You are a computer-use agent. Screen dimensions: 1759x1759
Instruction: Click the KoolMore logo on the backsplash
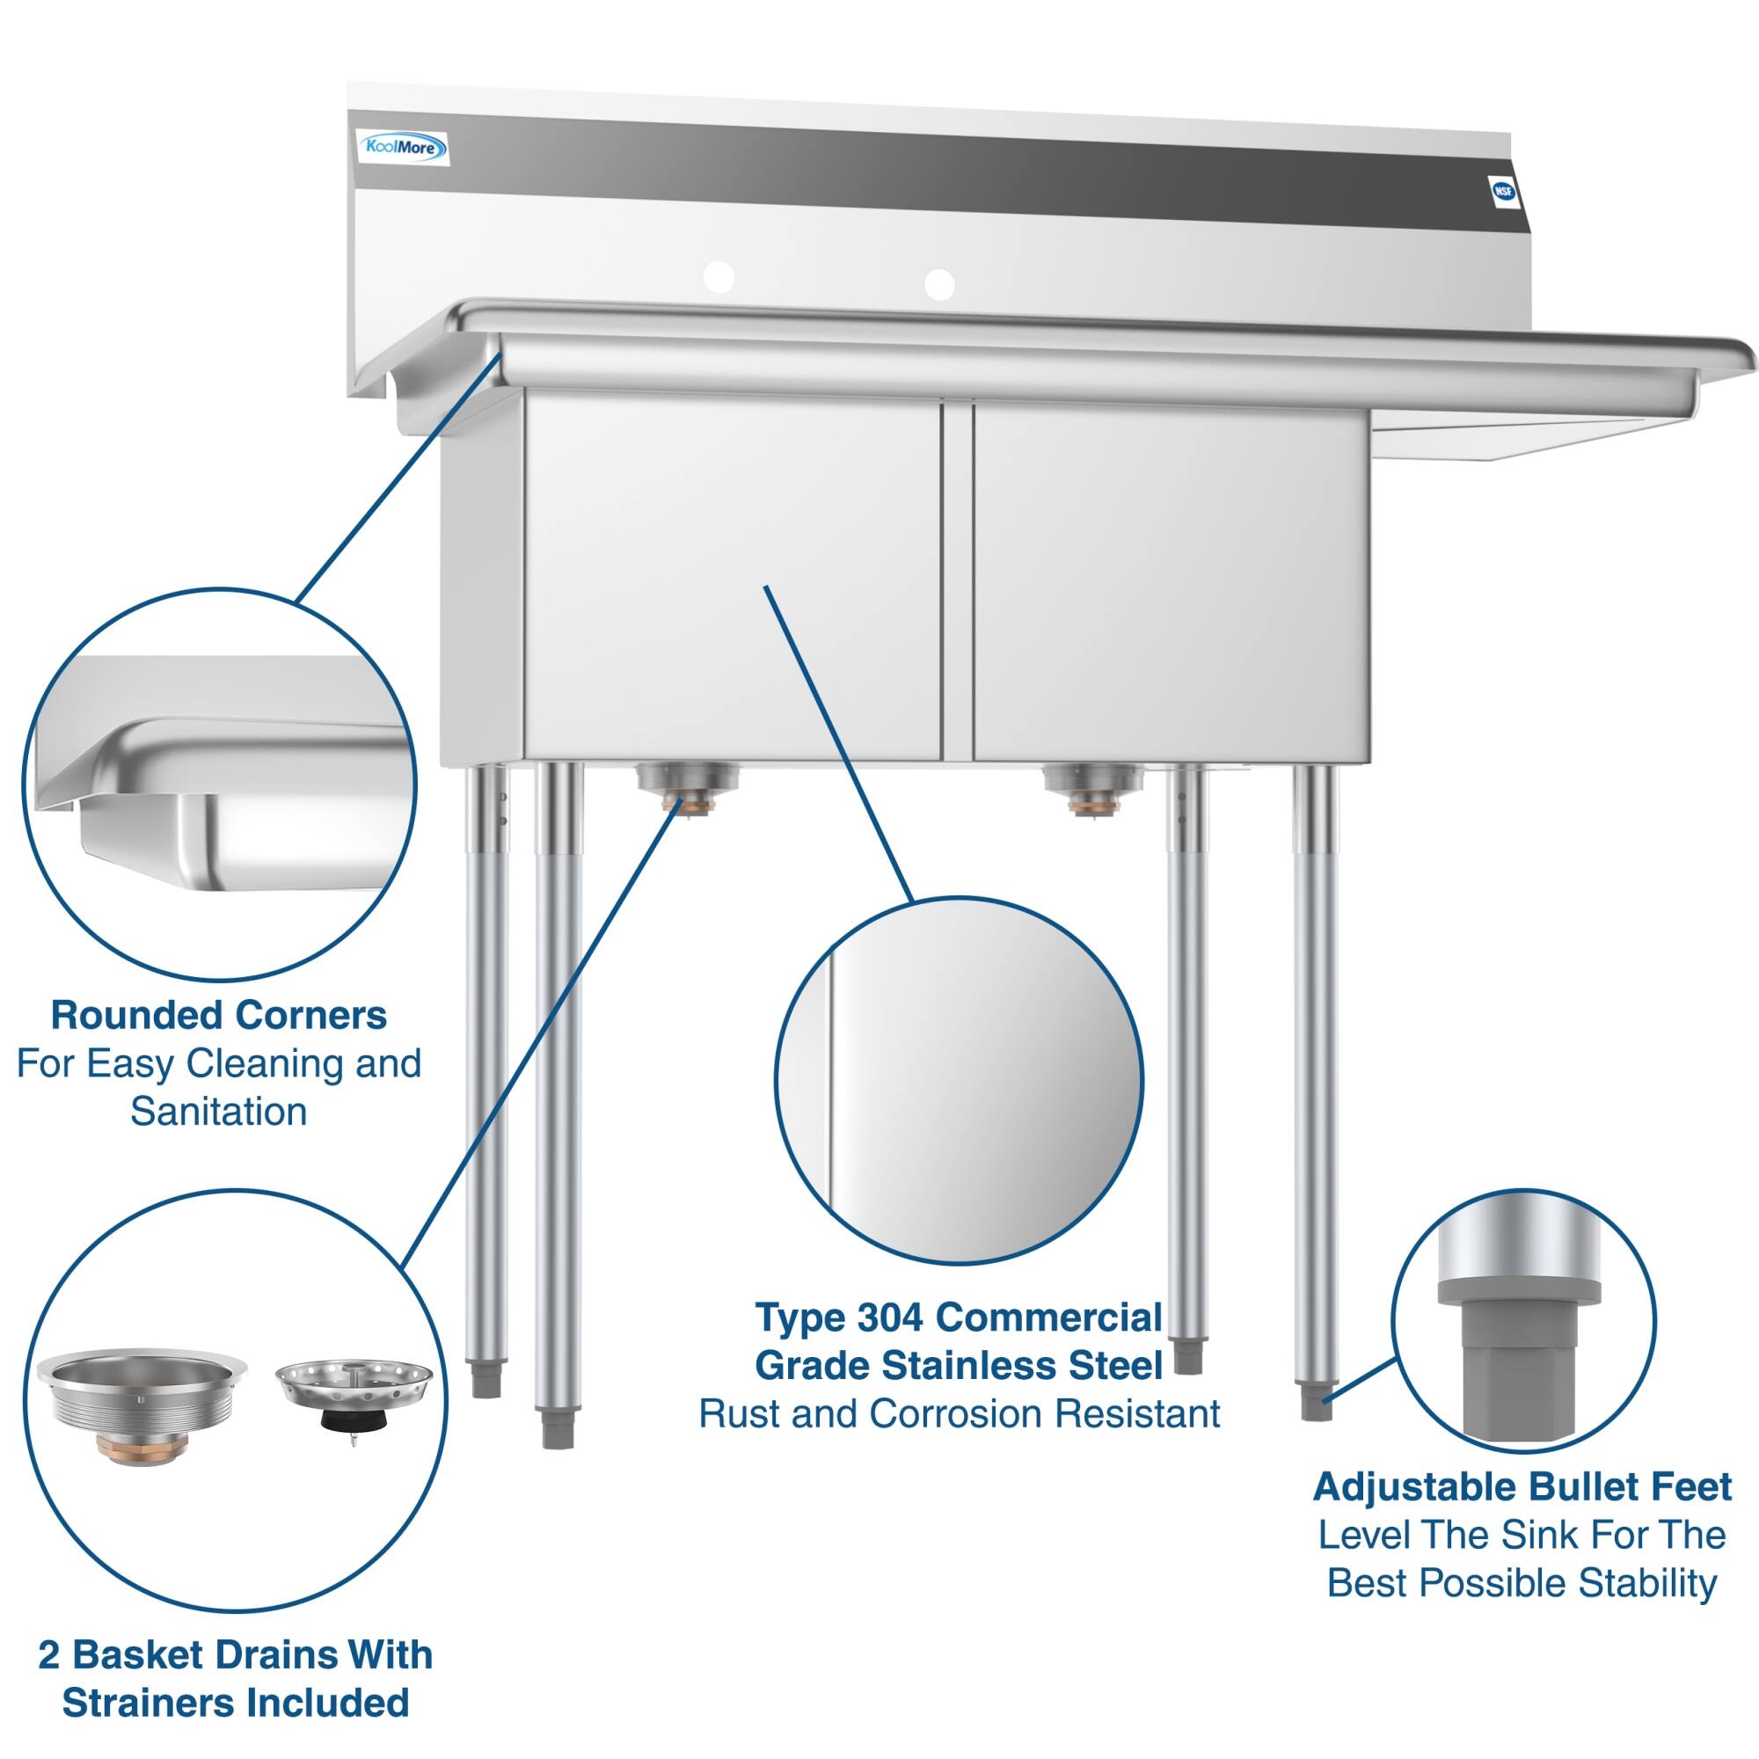click(x=402, y=147)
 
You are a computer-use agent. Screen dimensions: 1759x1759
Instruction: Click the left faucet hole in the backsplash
click(x=719, y=277)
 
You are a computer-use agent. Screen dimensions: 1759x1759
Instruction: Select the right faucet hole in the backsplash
click(x=938, y=283)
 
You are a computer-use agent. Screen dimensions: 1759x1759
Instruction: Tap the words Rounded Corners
click(x=218, y=1015)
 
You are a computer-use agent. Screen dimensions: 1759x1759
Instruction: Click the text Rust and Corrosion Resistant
click(x=959, y=1413)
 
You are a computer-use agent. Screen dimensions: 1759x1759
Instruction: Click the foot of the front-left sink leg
click(x=557, y=1427)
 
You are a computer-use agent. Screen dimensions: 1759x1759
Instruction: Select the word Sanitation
click(x=218, y=1112)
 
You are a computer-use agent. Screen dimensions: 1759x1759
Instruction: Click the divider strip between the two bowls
click(x=957, y=583)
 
